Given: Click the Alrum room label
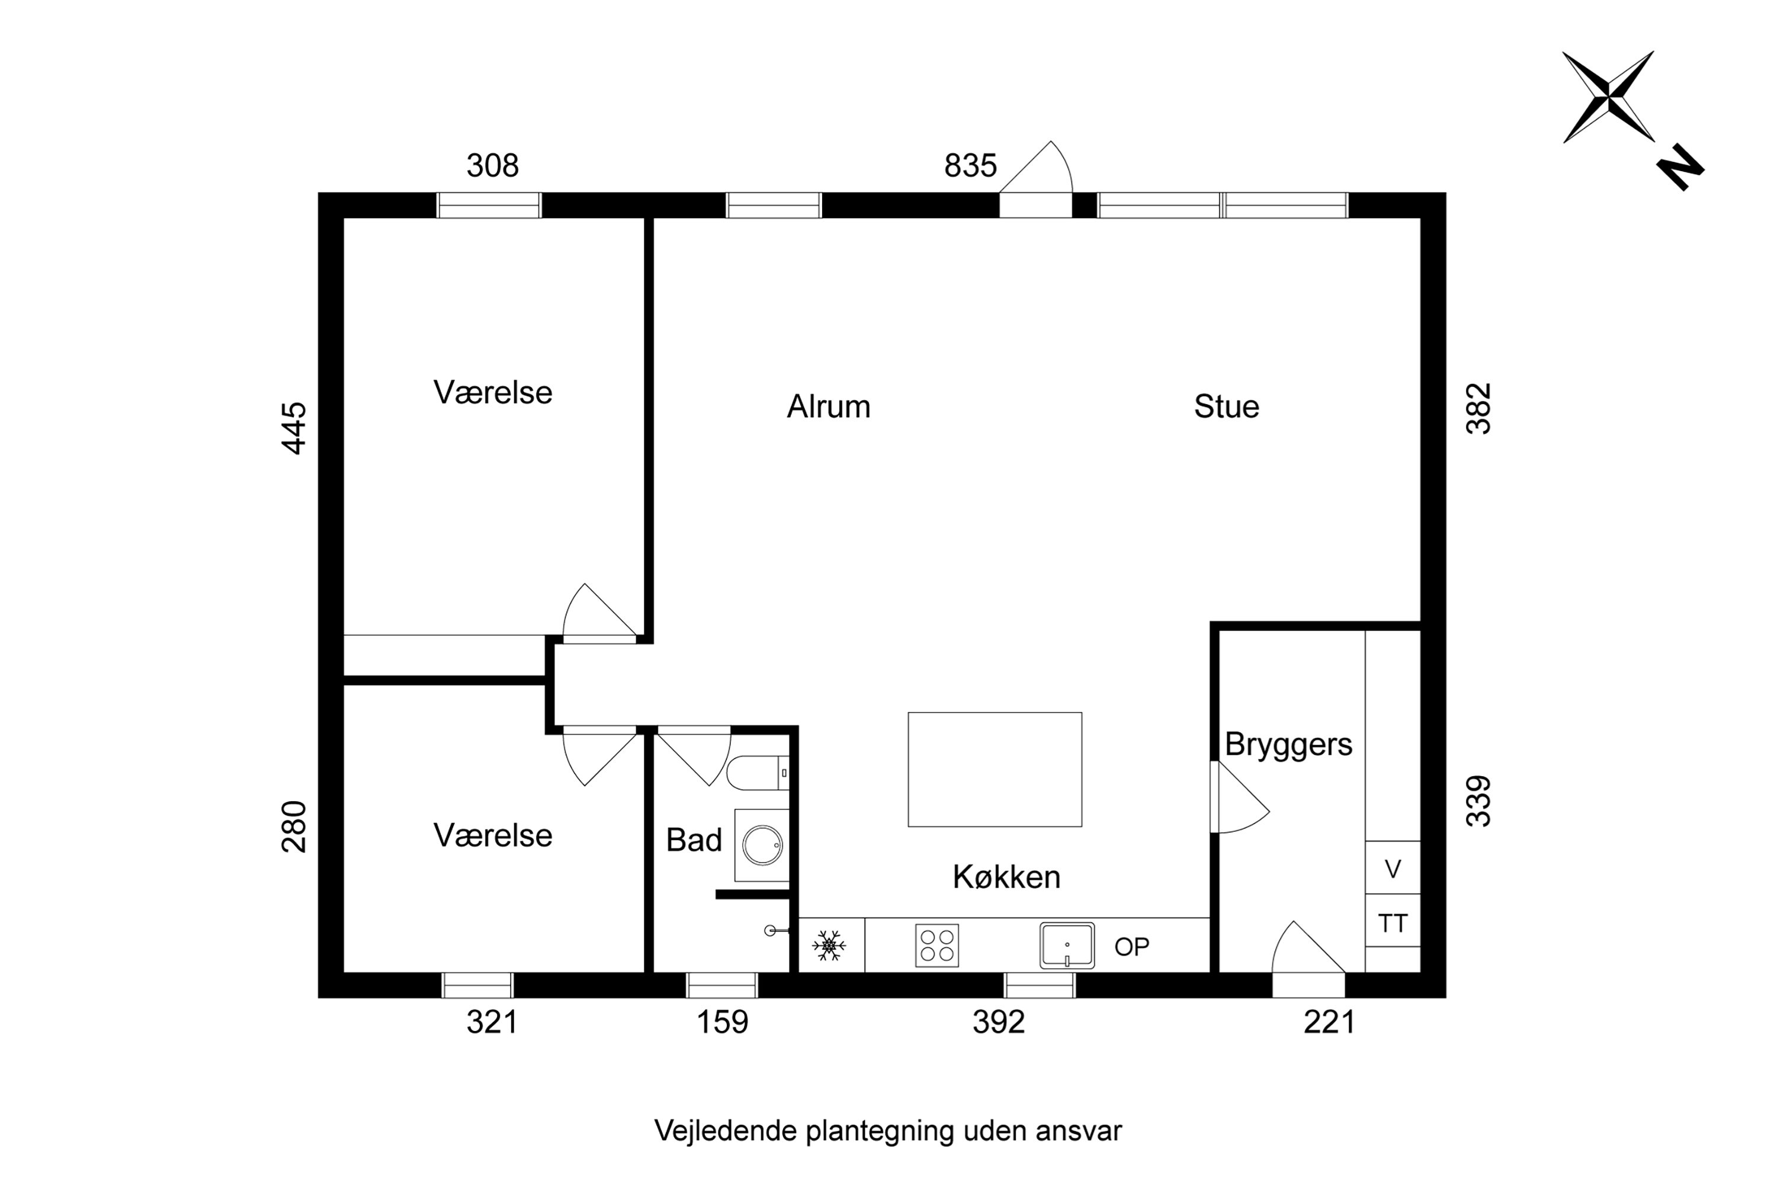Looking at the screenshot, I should coord(828,406).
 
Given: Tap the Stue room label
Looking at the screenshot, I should coord(1226,406).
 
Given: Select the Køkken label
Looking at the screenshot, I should coord(1006,877).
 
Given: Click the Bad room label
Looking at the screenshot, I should coord(693,840).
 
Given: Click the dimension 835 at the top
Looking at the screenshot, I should coord(970,165).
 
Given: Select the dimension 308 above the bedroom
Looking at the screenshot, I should coord(492,165).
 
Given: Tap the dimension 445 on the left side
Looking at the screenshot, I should coord(294,428).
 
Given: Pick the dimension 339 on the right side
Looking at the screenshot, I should coord(1478,801).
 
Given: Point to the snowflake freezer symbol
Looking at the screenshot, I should coord(829,946).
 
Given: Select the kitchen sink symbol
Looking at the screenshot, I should coord(1066,946).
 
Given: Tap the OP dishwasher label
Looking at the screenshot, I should coord(1131,947).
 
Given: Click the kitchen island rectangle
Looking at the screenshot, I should coord(995,769).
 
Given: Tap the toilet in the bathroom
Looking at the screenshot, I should coord(756,773).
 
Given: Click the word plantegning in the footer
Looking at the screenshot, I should coord(880,1130).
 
